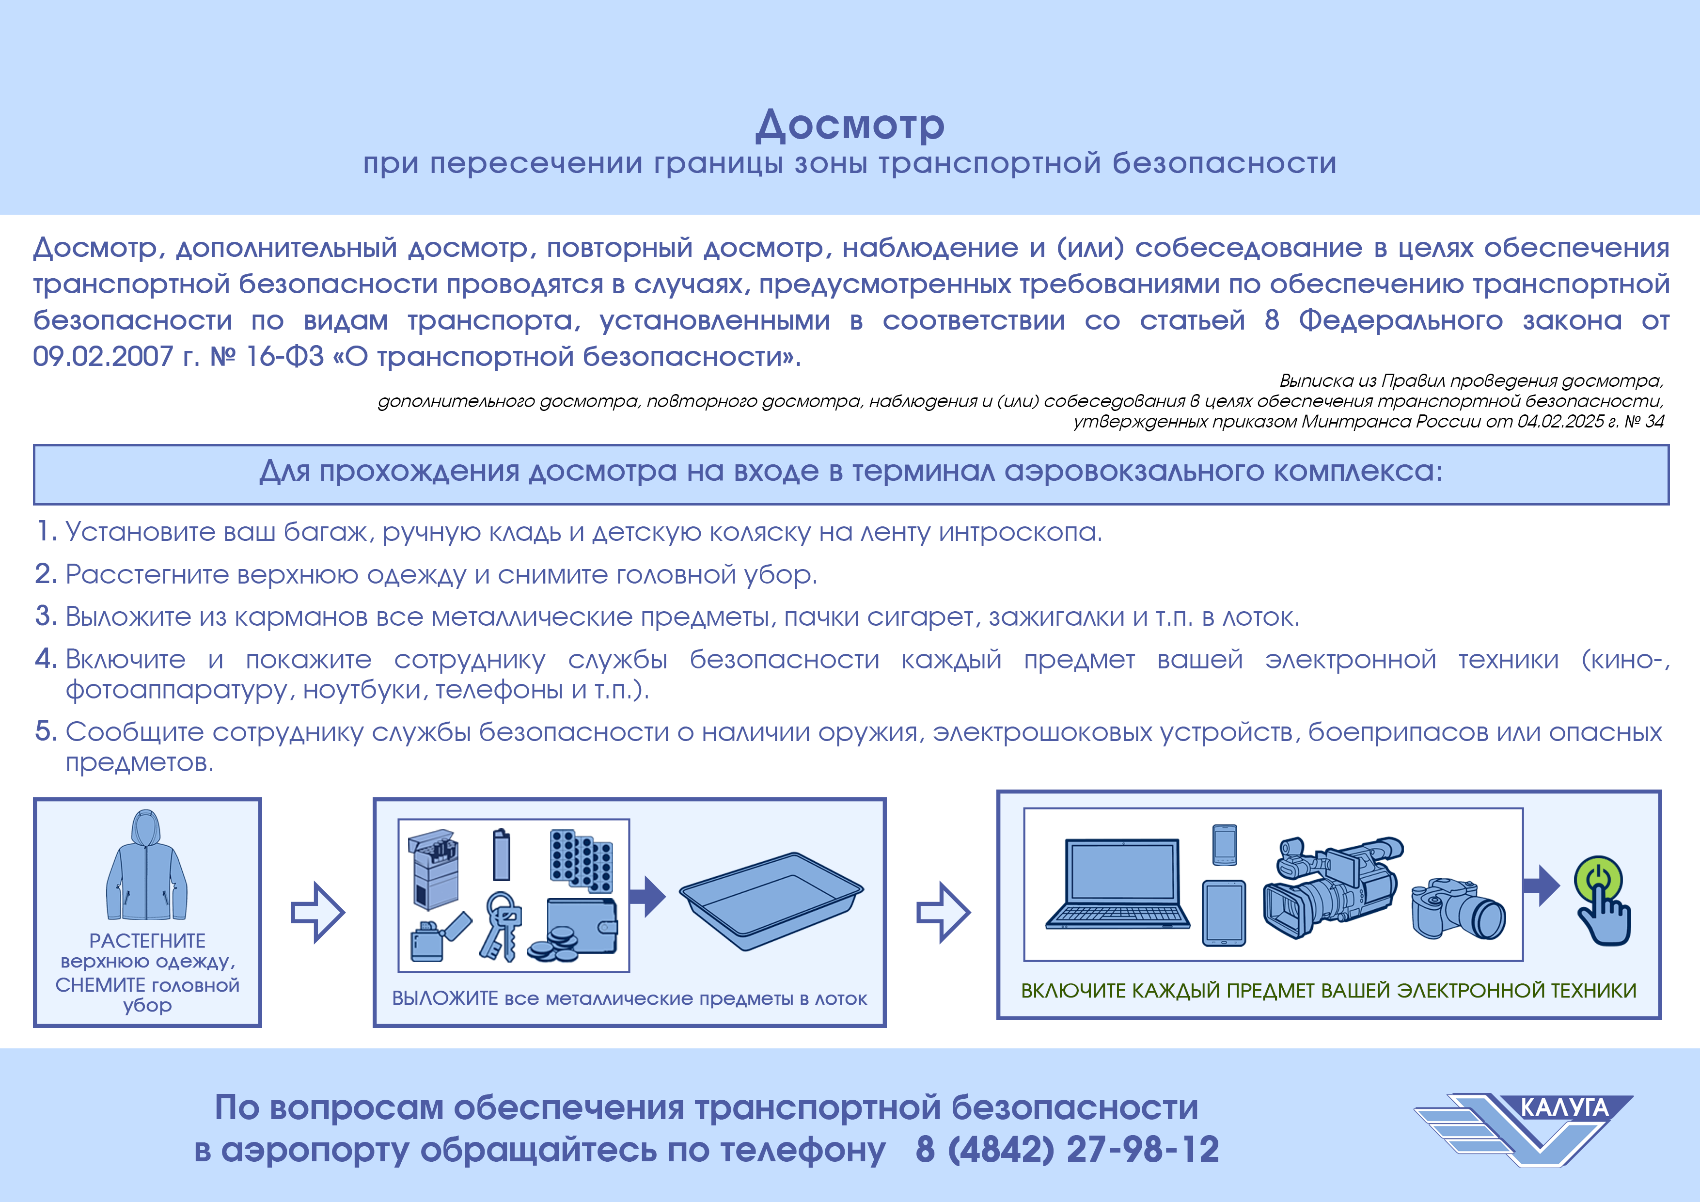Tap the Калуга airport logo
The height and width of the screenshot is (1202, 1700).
[x=1525, y=1128]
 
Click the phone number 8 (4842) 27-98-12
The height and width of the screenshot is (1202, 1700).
[x=1067, y=1150]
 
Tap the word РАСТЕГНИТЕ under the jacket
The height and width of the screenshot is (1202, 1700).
[x=147, y=941]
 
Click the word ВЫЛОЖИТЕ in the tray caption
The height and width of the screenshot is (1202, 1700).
[x=445, y=998]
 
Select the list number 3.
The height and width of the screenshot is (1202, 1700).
[x=46, y=616]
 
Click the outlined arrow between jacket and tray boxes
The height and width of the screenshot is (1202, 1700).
[x=317, y=913]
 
